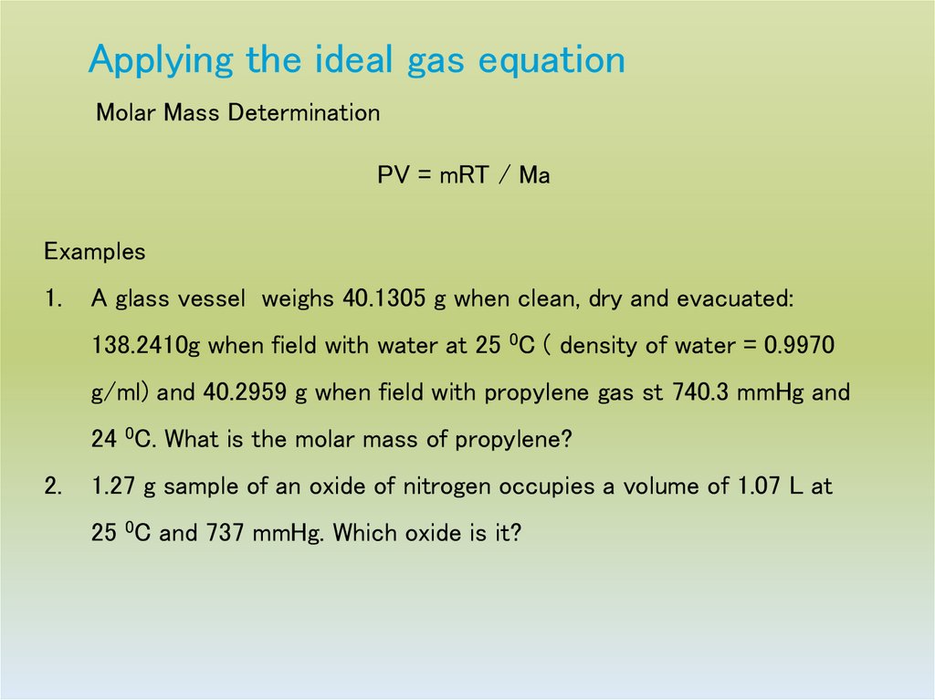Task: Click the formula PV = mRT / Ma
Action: [464, 175]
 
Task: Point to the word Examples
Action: [95, 251]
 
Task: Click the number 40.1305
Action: [383, 298]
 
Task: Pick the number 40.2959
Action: [244, 392]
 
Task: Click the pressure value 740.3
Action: [703, 392]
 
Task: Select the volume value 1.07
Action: [758, 486]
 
